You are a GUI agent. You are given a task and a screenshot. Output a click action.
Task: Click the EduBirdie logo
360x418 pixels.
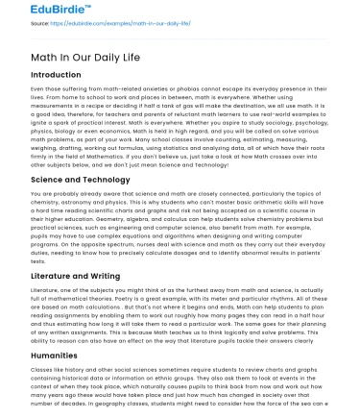tap(39, 12)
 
